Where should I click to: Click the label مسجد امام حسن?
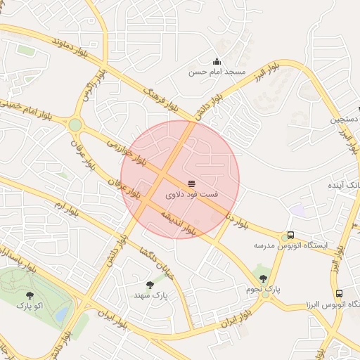tap(217, 72)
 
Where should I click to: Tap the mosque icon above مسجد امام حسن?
tap(217, 61)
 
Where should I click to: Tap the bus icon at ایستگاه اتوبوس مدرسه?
tap(290, 236)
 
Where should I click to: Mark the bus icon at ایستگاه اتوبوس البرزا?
tap(340, 293)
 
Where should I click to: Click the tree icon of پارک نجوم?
tap(263, 279)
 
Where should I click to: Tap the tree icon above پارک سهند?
tap(150, 285)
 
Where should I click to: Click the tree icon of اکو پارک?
tap(29, 296)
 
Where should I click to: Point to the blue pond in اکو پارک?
tap(62, 314)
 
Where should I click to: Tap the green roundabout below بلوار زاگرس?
tap(75, 124)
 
